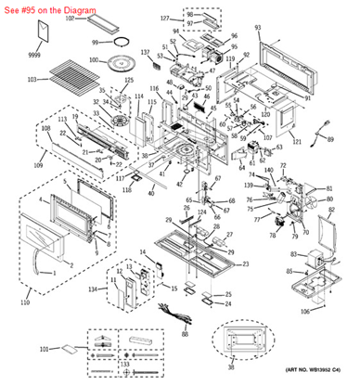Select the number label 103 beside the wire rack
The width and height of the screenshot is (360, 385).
tap(32, 81)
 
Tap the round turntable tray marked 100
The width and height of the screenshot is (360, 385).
tap(122, 63)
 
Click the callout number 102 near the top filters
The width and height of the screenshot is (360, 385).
tap(70, 19)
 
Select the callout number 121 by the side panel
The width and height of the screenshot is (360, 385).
tap(296, 141)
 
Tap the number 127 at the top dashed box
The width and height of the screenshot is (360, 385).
tap(165, 19)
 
